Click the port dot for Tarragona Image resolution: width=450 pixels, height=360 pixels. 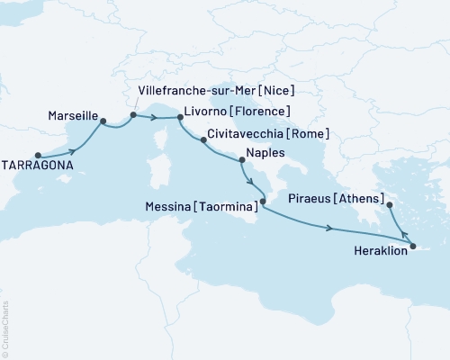coord(38,154)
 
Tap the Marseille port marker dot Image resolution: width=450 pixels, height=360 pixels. coord(103,121)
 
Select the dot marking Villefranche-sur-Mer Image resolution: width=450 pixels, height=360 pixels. coord(133,114)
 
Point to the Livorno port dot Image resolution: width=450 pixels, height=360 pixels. coord(180,116)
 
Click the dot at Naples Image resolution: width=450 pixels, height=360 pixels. coord(241,161)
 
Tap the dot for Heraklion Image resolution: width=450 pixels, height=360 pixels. coord(412,246)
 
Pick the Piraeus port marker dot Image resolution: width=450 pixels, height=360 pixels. coord(390,205)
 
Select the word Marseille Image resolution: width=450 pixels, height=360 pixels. coord(69,115)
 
